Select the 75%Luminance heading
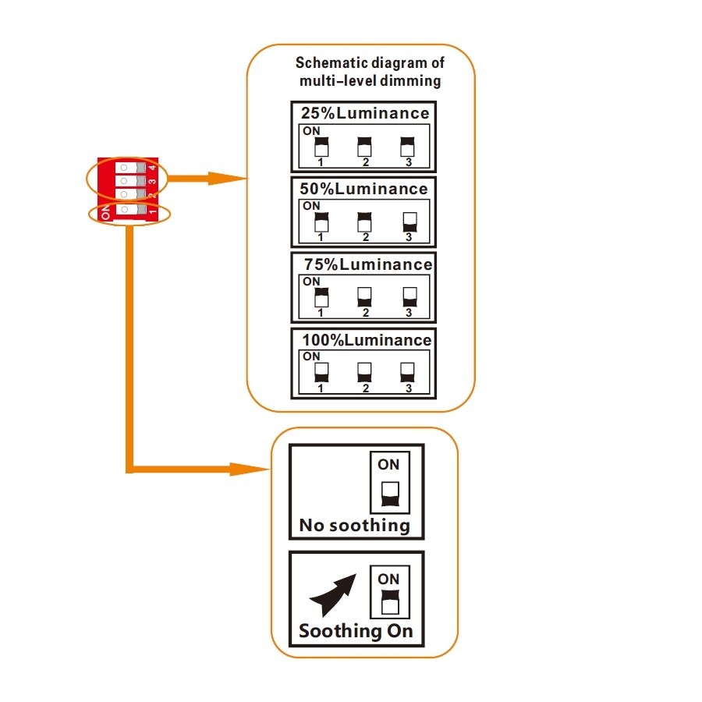pos(367,265)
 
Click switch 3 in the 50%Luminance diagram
pos(406,222)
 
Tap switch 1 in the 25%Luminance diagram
pos(321,146)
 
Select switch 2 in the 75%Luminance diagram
pos(363,297)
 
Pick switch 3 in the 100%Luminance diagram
pos(406,373)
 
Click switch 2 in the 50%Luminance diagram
pos(363,222)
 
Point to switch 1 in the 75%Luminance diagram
pos(321,297)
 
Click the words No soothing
pos(354,526)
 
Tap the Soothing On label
pos(356,631)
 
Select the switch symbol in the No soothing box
pos(388,492)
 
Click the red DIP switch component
pos(126,190)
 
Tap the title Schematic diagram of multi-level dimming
pos(370,73)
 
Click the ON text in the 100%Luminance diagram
pos(311,356)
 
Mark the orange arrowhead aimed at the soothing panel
pos(253,470)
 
